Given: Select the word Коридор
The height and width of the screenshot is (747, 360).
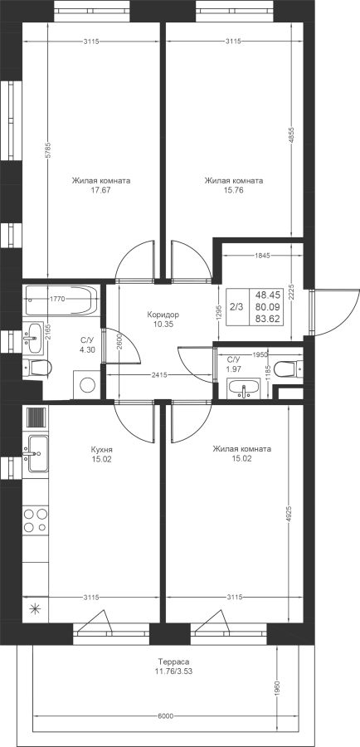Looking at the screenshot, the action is [x=163, y=315].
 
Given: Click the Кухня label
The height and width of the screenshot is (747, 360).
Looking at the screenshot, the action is [x=102, y=450].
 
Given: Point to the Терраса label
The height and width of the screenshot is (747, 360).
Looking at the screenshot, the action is [x=174, y=662].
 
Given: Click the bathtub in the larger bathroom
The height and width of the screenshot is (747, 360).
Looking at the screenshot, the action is [x=61, y=300].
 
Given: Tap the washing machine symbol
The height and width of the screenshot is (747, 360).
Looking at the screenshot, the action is [x=86, y=385].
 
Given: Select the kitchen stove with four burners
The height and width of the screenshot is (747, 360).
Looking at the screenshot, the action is [x=36, y=520].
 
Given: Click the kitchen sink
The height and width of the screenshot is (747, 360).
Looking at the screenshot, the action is [x=35, y=453].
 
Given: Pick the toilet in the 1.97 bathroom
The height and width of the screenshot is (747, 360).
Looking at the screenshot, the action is [x=290, y=368].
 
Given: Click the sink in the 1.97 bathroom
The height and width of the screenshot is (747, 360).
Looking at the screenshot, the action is [x=244, y=388].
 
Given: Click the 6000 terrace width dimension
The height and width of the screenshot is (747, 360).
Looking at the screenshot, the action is [x=165, y=716].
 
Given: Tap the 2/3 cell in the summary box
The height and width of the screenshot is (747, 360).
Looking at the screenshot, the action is [x=236, y=307].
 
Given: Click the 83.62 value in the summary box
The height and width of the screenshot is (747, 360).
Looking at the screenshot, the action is [x=266, y=318].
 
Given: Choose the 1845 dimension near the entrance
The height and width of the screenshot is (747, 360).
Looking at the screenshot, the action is [x=262, y=256].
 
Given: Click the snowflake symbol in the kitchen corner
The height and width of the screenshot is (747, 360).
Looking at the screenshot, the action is [x=35, y=608].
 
